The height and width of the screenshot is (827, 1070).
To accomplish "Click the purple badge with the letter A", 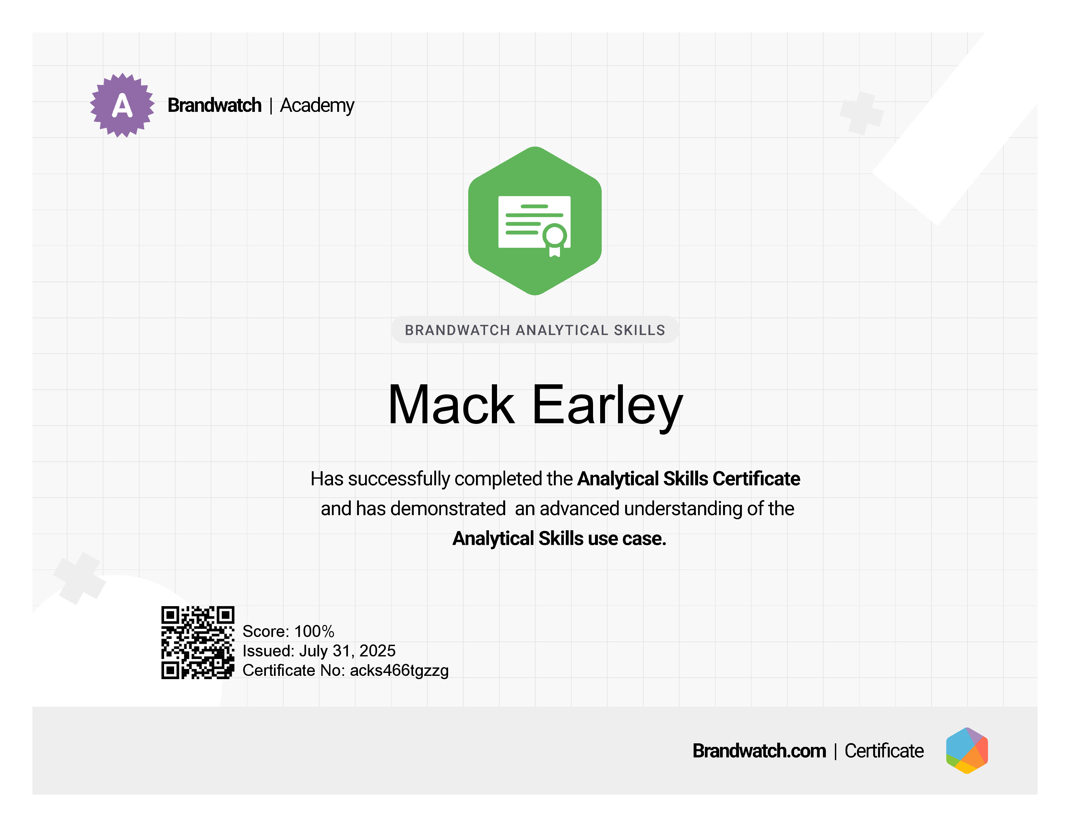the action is [x=122, y=105].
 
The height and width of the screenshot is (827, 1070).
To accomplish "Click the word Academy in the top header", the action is [x=317, y=106].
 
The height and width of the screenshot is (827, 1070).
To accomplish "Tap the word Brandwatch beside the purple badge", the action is [x=215, y=105].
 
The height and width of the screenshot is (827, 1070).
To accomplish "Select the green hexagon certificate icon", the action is [x=535, y=221].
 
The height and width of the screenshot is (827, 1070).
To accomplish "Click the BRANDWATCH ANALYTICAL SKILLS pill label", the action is [x=535, y=330].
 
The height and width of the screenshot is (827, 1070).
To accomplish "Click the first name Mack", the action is [x=451, y=405].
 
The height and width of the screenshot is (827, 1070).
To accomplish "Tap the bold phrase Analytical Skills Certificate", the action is [x=688, y=479].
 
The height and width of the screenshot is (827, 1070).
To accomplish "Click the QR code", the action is [x=198, y=642].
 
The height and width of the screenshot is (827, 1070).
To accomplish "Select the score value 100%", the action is [x=314, y=631].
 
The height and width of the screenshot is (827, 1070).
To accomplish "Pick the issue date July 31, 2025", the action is [x=347, y=651].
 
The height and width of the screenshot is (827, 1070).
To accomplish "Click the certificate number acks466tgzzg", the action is [x=399, y=670].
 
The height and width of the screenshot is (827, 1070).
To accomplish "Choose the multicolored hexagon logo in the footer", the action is [x=967, y=750].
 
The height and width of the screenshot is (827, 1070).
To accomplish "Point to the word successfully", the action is [x=399, y=479].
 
